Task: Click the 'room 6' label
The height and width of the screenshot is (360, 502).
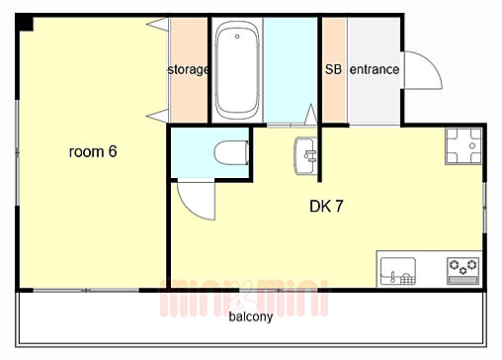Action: click(x=93, y=151)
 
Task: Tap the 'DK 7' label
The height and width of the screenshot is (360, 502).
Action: click(x=326, y=206)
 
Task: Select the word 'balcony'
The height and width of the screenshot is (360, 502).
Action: click(x=251, y=316)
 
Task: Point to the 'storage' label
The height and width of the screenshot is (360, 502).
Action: click(x=188, y=69)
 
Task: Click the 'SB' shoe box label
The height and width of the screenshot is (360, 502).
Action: click(x=333, y=69)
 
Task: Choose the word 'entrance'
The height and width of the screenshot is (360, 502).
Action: click(x=375, y=69)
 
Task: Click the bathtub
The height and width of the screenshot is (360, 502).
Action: click(x=237, y=70)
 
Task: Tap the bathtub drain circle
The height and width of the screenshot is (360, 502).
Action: click(x=237, y=37)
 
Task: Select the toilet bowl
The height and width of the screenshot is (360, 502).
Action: click(x=231, y=152)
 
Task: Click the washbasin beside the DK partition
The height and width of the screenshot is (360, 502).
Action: click(x=305, y=155)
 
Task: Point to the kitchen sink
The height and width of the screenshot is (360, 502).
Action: click(x=398, y=271)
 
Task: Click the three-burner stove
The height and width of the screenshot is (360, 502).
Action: click(x=462, y=271)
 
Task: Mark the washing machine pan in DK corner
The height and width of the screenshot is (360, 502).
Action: click(x=463, y=146)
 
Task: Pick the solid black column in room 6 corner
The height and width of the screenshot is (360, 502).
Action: click(x=25, y=24)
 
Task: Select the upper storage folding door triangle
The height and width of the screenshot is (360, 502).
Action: click(x=158, y=24)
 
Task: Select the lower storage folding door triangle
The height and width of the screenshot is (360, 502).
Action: click(x=158, y=116)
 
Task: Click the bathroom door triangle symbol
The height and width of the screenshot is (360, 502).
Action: click(x=310, y=115)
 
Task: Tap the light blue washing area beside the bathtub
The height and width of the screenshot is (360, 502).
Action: click(x=291, y=70)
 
